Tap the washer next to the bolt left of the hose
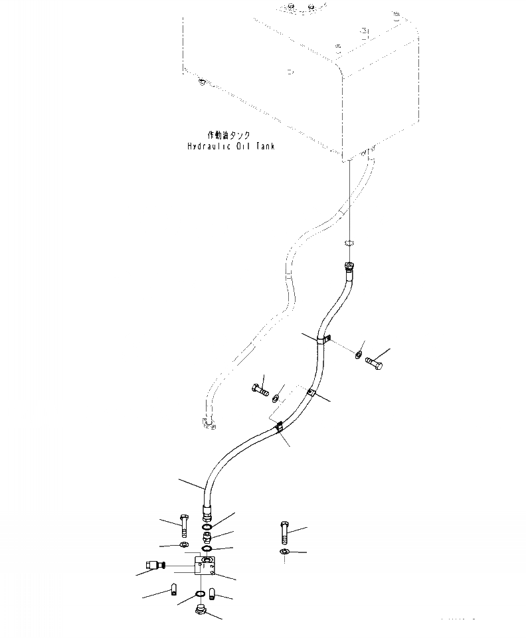click(274, 398)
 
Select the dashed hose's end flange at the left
click(207, 423)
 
